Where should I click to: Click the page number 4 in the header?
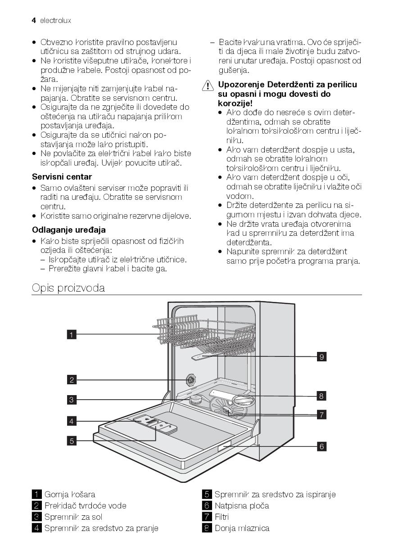tap(34, 20)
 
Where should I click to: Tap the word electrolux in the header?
tap(55, 21)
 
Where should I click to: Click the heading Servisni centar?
tap(62, 177)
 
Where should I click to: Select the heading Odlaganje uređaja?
tap(68, 230)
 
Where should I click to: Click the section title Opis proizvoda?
tap(68, 288)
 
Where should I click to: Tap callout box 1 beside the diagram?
tap(72, 334)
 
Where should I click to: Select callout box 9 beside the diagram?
tap(321, 357)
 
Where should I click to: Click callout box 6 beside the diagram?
tap(321, 446)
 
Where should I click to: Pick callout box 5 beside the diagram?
tap(72, 441)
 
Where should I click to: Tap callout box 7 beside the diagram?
tap(321, 415)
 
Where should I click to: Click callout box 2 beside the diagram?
tap(72, 380)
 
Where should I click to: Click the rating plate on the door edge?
tap(225, 446)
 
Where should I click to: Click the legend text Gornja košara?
tap(70, 495)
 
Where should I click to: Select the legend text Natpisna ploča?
tap(242, 506)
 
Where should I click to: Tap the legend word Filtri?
tap(222, 517)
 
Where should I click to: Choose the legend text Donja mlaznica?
tap(242, 528)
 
